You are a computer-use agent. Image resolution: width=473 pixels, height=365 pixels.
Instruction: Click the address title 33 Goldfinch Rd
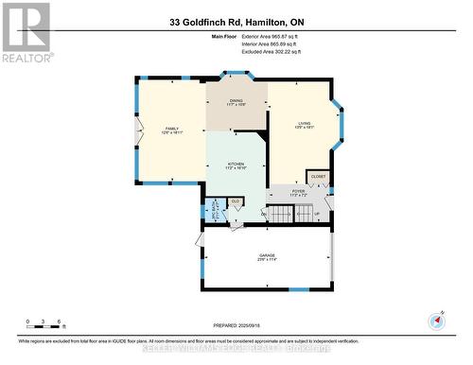[236, 22]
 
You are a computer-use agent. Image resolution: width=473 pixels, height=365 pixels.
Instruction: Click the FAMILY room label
[171, 130]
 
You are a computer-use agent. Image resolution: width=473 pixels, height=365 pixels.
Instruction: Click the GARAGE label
[267, 257]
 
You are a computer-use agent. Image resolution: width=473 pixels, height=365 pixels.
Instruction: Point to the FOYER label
[298, 193]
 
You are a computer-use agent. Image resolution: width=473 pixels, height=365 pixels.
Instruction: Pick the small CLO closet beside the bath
[235, 201]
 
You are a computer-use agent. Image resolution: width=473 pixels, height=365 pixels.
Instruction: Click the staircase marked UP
[305, 215]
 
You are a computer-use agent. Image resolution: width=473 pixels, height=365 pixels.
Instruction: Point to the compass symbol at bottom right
[437, 321]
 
